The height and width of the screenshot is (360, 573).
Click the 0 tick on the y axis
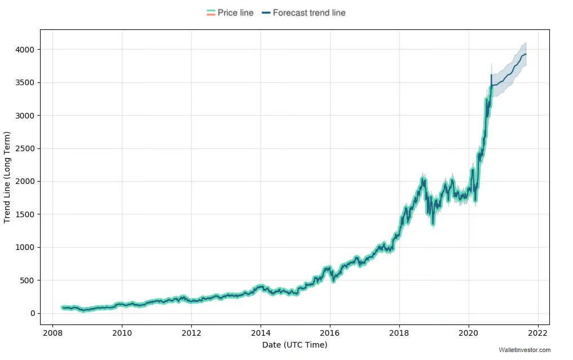33,313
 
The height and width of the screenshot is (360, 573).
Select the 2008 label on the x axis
52,332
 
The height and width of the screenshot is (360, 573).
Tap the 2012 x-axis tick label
191,332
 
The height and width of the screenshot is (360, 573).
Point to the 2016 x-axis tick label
330,332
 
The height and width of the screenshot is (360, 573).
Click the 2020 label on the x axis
469,332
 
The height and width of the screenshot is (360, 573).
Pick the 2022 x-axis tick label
538,332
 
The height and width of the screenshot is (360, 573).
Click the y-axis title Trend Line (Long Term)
7,177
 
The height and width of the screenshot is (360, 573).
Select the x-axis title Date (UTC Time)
294,345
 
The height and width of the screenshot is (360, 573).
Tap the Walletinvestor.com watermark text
524,350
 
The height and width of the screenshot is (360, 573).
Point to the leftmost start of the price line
62,307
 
